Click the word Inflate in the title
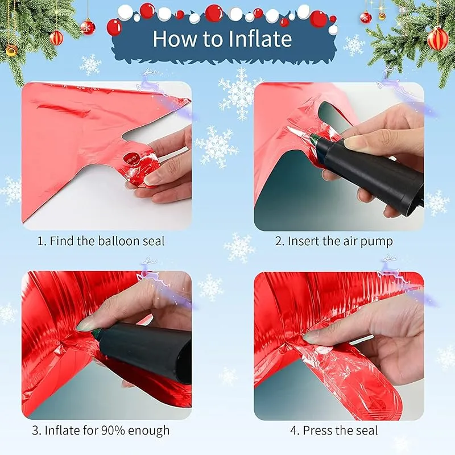pos(260,39)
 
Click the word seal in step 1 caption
pos(154,241)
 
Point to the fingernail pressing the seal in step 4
pos(309,337)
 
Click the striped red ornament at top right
pos(437,39)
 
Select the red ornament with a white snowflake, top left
pos(88,27)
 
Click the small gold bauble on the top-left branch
pos(11,51)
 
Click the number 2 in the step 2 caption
pos(279,241)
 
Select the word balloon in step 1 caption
pos(119,241)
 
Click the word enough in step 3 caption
pos(148,431)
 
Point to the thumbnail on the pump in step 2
pos(354,143)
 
